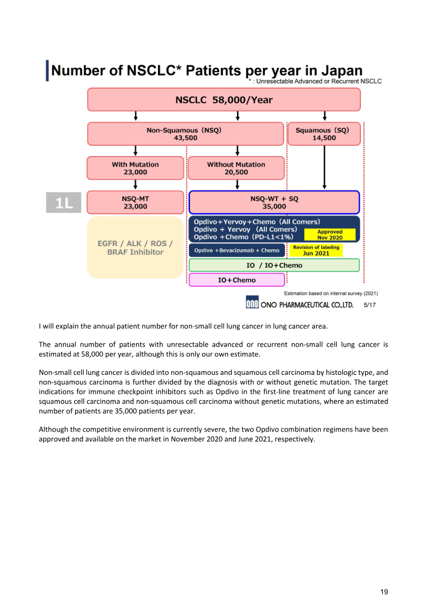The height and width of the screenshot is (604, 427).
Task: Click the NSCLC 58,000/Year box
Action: (x=224, y=99)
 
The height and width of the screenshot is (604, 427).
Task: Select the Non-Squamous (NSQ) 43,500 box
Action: (x=185, y=134)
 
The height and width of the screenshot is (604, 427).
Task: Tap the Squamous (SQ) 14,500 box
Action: (x=324, y=134)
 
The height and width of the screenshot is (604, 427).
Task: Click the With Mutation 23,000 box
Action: (x=135, y=168)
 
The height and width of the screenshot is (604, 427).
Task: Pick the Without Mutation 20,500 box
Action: (x=236, y=168)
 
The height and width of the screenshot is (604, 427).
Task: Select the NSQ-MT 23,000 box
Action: (x=135, y=202)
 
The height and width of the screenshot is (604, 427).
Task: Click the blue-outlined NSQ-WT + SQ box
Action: (x=274, y=202)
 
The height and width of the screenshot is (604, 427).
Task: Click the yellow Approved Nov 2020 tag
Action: (x=330, y=235)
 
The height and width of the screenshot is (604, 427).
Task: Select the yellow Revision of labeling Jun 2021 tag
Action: (x=316, y=250)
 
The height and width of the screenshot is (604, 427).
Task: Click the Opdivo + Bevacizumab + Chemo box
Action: (x=237, y=250)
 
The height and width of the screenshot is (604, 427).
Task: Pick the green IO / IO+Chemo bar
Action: (x=274, y=265)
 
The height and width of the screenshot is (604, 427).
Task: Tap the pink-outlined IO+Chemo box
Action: (x=237, y=280)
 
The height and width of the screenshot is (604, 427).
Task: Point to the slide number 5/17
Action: (x=370, y=305)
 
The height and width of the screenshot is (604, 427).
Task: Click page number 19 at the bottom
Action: (x=384, y=591)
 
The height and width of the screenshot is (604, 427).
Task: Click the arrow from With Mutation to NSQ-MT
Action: (x=136, y=185)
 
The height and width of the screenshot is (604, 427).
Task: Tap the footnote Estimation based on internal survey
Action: (x=331, y=293)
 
